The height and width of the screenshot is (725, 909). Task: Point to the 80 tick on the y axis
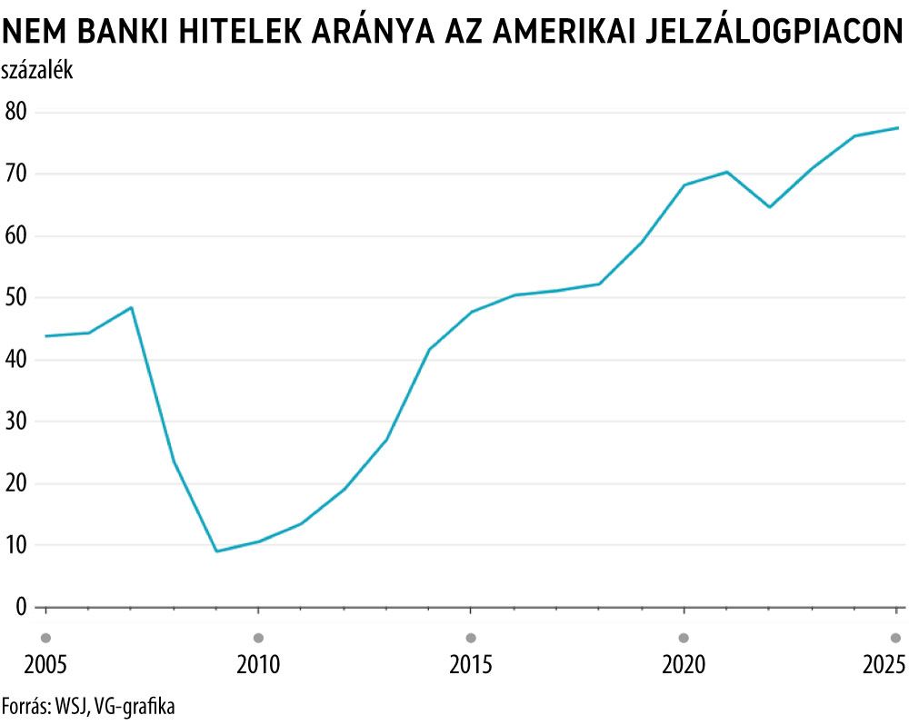[x=16, y=112]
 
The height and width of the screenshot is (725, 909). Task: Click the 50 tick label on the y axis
[x=16, y=298]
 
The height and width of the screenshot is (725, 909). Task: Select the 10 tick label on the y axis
[x=16, y=545]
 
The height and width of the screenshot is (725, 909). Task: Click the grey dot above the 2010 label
[x=258, y=638]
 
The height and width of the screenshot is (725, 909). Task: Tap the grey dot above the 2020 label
[x=684, y=638]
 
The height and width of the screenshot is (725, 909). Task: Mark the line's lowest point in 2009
[x=216, y=551]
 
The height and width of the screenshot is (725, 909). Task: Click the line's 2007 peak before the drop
[x=131, y=307]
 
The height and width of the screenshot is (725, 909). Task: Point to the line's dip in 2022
[x=769, y=207]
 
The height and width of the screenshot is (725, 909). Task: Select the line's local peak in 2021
[x=727, y=172]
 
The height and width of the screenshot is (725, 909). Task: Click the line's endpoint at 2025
[x=897, y=128]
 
